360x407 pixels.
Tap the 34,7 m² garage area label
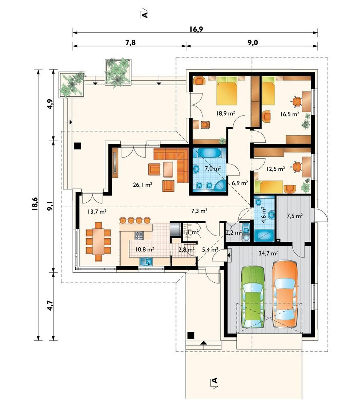pyautogui.click(x=268, y=253)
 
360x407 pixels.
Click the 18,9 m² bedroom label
pyautogui.click(x=226, y=113)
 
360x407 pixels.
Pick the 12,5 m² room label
pyautogui.click(x=275, y=169)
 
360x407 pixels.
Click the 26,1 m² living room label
pyautogui.click(x=142, y=185)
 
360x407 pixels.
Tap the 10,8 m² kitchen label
pyautogui.click(x=145, y=249)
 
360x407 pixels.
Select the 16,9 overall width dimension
pyautogui.click(x=196, y=29)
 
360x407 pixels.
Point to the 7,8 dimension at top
pyautogui.click(x=130, y=42)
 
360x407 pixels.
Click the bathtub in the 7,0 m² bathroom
pyautogui.click(x=209, y=153)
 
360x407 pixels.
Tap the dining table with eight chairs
pyautogui.click(x=98, y=241)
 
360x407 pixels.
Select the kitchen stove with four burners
pyautogui.click(x=139, y=235)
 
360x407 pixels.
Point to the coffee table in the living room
pyautogui.click(x=168, y=170)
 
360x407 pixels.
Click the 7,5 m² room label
pyautogui.click(x=295, y=215)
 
